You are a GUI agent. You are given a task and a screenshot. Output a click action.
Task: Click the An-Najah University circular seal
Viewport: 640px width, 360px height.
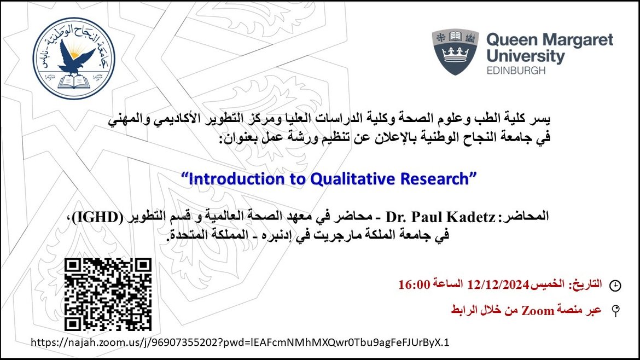coord(74,59)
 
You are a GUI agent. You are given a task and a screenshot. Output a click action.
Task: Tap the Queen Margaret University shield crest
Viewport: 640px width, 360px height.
coord(455,52)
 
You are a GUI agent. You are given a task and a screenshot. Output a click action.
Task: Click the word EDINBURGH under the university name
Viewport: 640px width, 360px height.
coord(516,70)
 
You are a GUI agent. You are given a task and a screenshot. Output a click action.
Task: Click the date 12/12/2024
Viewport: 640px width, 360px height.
coord(498,284)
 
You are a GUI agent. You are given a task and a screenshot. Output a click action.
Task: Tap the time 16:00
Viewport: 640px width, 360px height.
coord(414,284)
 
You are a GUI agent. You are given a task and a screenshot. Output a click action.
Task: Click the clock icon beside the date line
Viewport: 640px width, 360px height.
coord(615,285)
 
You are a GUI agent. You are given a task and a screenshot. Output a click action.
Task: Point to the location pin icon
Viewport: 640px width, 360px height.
coord(615,311)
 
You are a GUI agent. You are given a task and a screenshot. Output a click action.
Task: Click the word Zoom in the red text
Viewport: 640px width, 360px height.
coord(538,311)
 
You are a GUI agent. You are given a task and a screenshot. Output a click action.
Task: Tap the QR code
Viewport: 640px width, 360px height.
coord(108,294)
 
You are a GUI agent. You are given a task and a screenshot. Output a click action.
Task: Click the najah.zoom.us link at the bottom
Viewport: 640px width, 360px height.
coord(240,342)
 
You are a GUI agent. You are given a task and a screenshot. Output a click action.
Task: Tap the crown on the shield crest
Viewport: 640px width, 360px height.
coord(455,54)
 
